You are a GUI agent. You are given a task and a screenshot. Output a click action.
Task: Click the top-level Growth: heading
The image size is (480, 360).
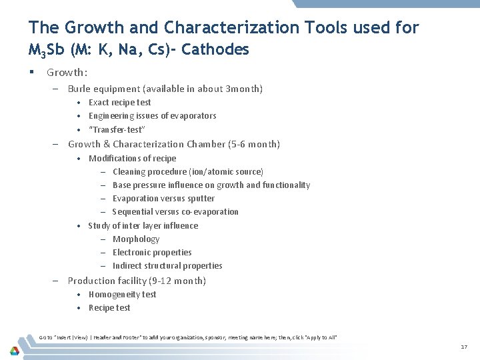[67, 72]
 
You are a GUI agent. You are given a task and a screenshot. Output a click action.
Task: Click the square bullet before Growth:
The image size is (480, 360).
[31, 72]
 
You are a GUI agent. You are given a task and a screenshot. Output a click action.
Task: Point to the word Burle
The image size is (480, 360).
[80, 89]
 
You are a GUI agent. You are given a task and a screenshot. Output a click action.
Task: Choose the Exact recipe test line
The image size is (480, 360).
[119, 102]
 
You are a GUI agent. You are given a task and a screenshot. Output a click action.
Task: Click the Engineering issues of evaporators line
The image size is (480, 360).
[152, 115]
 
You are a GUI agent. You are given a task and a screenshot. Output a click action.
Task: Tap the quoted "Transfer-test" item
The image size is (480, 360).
[117, 129]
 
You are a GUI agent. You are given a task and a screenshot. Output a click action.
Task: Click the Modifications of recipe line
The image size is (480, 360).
[132, 158]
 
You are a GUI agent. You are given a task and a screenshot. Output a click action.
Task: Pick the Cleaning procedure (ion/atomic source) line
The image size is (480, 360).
[187, 171]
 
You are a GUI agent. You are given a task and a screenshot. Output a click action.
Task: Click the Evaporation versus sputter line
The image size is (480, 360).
[163, 198]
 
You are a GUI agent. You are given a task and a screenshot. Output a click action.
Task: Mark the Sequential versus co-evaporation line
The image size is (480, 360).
[175, 211]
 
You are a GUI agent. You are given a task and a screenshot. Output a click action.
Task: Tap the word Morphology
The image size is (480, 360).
[136, 239]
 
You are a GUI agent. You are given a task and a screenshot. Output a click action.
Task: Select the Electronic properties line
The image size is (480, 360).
[152, 252]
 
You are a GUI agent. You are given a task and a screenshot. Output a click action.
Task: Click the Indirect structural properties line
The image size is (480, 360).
[167, 265]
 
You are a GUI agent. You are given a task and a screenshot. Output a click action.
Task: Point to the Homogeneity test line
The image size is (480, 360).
[122, 294]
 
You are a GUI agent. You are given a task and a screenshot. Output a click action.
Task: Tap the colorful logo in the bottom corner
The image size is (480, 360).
[15, 349]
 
